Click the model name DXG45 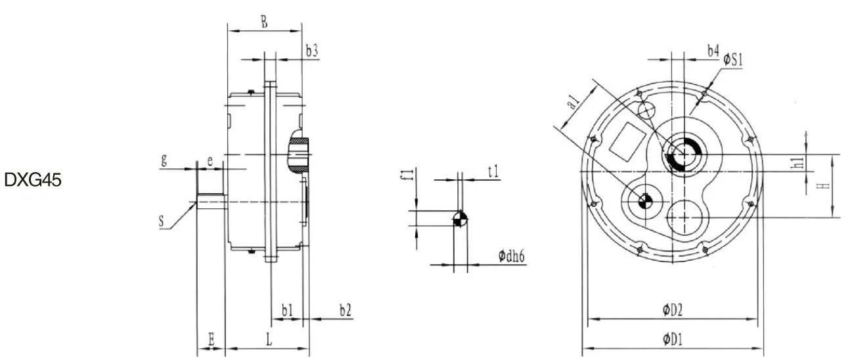(33, 181)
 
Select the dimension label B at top (263, 22)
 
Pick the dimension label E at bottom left (211, 339)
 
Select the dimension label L (269, 339)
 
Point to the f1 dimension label (407, 175)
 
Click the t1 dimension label (493, 171)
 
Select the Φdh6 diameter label (510, 256)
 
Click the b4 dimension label (713, 51)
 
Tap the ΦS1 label (732, 60)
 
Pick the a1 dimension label (573, 102)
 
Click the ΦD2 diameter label (674, 310)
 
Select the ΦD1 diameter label (674, 339)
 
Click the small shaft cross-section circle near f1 (460, 219)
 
